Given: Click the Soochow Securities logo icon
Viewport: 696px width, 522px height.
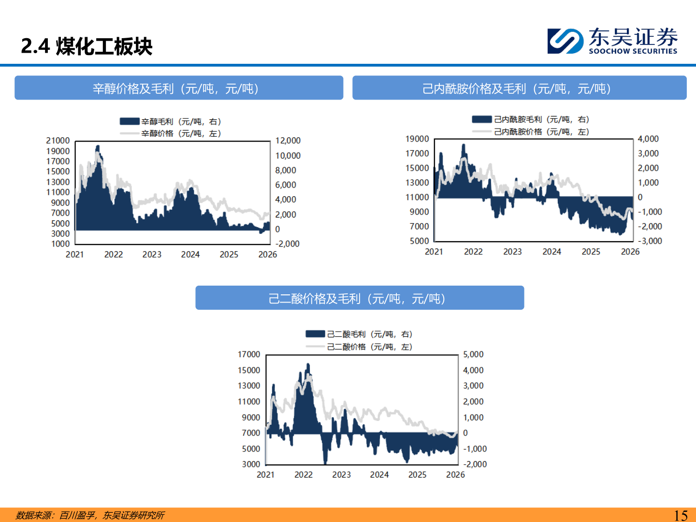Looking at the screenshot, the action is (x=565, y=41).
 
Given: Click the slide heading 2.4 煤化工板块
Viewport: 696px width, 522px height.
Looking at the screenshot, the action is (x=87, y=46).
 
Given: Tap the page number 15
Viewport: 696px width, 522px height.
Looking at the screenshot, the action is (x=681, y=515).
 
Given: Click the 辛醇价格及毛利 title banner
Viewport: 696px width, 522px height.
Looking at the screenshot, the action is (x=179, y=88).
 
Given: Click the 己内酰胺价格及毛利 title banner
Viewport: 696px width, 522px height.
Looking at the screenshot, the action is (x=520, y=88).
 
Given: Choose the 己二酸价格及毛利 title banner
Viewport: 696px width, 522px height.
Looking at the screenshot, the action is (x=360, y=298).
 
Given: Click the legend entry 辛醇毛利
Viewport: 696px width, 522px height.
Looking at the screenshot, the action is (x=171, y=121).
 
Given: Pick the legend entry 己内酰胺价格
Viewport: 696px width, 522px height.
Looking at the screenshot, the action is (x=531, y=131).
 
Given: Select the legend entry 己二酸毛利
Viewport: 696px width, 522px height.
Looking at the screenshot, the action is (x=359, y=334).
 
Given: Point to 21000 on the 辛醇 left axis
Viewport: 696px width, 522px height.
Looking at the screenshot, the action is (x=58, y=140).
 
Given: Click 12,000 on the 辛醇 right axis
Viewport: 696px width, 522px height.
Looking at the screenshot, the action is (x=288, y=140).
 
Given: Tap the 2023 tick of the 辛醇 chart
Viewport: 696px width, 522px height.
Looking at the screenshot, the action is (x=152, y=255).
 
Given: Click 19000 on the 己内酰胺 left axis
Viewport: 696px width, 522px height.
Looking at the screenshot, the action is (x=417, y=139).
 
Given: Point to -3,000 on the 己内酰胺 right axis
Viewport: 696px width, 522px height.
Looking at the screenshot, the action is (x=650, y=241).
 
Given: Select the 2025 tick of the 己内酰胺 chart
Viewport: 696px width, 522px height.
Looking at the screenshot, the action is (x=591, y=252).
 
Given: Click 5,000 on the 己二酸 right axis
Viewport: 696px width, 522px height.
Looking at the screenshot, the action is (x=473, y=354).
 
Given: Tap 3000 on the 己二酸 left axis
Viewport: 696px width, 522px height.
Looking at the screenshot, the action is (x=251, y=464).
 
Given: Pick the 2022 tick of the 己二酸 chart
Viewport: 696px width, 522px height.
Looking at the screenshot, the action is (x=304, y=475).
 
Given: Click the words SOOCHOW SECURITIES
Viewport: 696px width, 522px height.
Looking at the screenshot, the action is (x=633, y=51).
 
